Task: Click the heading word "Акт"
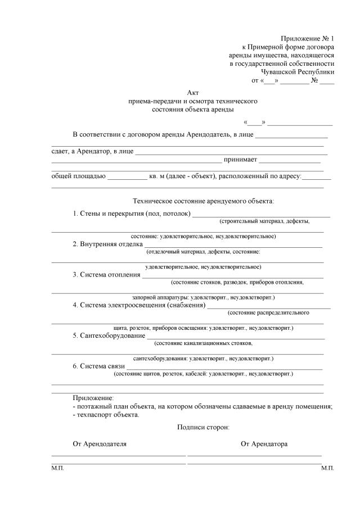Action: pos(193,92)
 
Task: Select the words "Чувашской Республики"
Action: pos(298,71)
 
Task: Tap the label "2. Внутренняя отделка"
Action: pos(107,244)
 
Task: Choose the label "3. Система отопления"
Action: pos(106,274)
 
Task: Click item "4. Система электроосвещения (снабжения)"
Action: pos(139,305)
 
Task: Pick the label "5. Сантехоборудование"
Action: pos(109,335)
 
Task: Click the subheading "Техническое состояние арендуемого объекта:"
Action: pos(203,200)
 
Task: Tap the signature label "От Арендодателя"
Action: pos(100,444)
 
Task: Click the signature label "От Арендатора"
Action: pos(264,444)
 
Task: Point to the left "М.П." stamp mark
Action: pos(57,468)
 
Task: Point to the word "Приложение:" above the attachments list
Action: pos(93,397)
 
